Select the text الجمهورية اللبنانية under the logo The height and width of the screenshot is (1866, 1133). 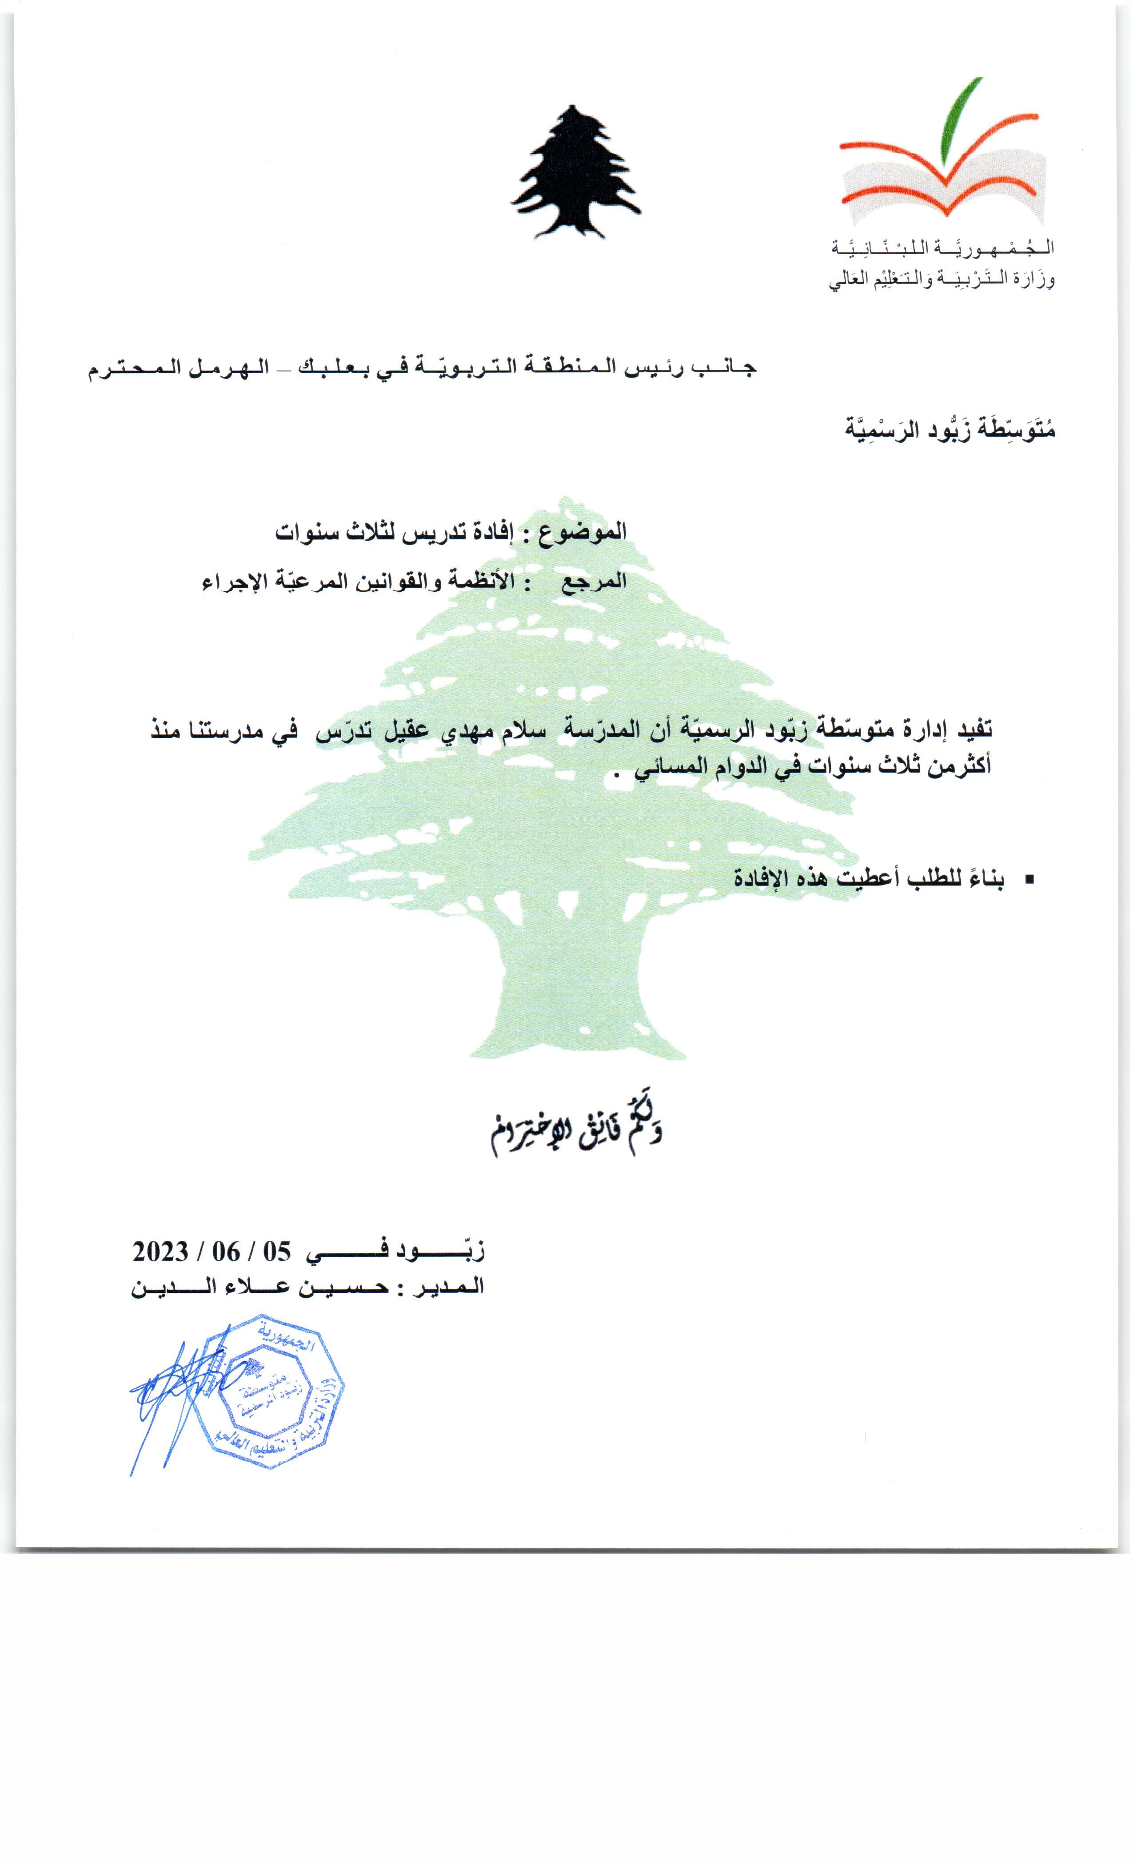943,247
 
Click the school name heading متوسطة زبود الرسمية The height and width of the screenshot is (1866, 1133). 950,429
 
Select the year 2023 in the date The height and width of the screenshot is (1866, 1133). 161,1251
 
